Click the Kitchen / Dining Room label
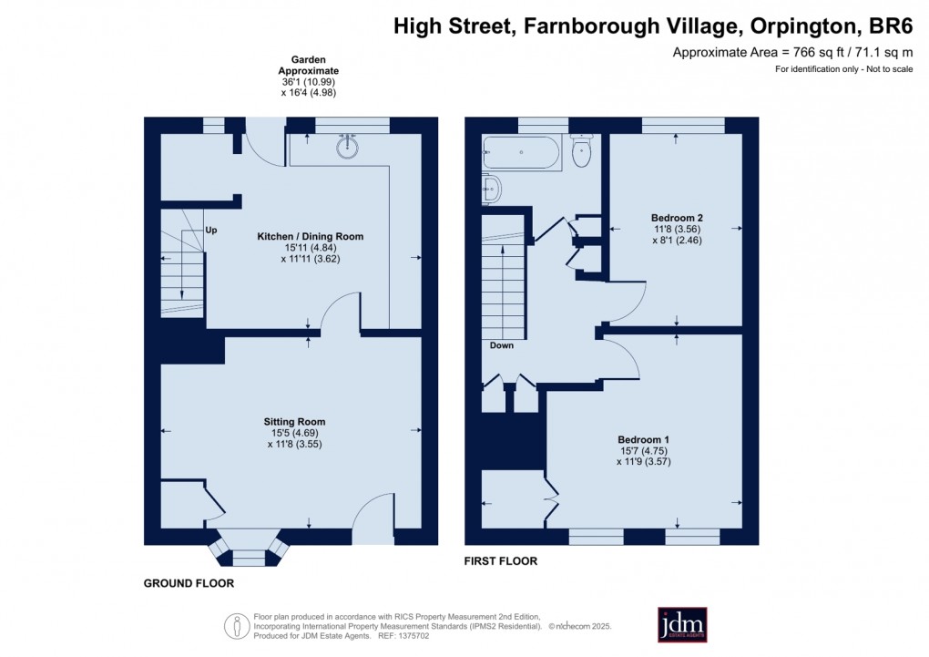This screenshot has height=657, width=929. (x=310, y=236)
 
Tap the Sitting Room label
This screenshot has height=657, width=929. (x=294, y=422)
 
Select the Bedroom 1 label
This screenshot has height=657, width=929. (x=645, y=439)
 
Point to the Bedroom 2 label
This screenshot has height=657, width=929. (x=677, y=218)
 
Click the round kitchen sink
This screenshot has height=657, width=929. (x=346, y=147)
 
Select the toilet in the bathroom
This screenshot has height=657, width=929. (x=581, y=152)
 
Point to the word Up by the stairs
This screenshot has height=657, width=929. (x=210, y=230)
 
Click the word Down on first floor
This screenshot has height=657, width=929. (x=501, y=345)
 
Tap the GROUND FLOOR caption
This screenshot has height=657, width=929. (x=189, y=583)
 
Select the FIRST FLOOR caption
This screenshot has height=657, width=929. (x=501, y=561)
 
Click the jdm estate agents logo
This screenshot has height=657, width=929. (x=682, y=624)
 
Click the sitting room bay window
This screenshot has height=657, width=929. (x=248, y=547)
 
